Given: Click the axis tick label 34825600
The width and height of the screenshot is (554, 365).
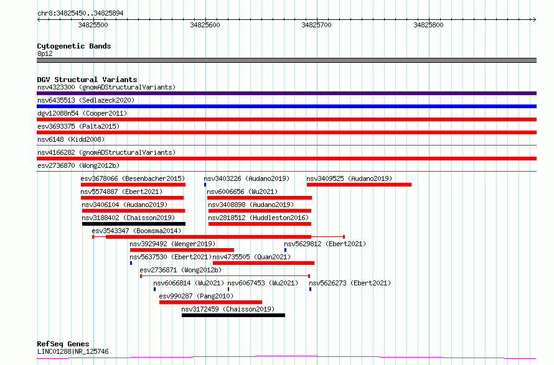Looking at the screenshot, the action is [x=205, y=25].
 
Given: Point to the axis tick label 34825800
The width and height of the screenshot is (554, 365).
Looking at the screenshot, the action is [x=428, y=25].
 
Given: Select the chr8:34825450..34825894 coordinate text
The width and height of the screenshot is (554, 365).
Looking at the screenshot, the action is [x=80, y=14].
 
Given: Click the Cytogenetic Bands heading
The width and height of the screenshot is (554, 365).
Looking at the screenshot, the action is [x=74, y=46].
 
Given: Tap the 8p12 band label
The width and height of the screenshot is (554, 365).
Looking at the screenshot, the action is [x=45, y=53].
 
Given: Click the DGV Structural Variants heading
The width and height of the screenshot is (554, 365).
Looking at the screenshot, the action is [x=87, y=80].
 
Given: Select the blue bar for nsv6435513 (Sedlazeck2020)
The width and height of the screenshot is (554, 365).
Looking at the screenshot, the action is [x=286, y=106].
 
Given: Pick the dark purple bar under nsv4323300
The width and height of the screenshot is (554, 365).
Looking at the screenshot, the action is [x=286, y=93].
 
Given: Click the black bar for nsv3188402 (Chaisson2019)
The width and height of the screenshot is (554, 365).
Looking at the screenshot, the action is [x=134, y=224].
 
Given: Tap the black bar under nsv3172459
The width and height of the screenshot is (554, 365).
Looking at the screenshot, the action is [x=233, y=315].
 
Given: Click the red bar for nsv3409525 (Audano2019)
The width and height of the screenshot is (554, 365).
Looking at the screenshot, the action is [x=359, y=185].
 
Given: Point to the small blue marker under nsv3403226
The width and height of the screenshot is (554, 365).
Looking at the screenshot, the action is [x=205, y=185].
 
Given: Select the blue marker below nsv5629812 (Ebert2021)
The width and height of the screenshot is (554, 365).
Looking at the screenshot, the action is [x=285, y=250].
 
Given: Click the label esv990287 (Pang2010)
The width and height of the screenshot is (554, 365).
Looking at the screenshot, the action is [x=196, y=296].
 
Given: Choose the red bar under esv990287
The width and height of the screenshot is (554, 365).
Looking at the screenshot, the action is [x=210, y=302].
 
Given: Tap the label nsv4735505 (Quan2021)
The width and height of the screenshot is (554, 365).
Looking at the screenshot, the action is [x=251, y=257].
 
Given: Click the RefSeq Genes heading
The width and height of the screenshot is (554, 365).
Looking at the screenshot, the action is [x=63, y=344].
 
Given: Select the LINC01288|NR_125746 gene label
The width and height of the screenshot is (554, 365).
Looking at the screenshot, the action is [x=73, y=351].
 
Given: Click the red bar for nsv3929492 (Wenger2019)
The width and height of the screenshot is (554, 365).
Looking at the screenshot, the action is [x=182, y=250].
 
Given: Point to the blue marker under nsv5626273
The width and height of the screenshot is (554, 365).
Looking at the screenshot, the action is [x=310, y=289].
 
